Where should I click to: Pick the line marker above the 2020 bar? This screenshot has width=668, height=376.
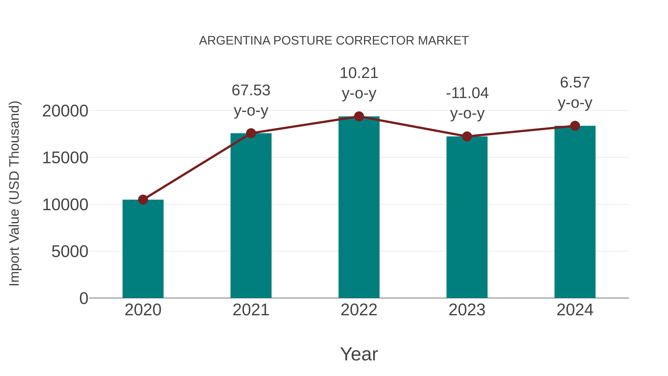(143, 200)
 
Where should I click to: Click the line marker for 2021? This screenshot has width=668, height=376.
(251, 133)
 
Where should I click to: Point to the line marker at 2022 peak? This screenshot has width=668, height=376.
(359, 116)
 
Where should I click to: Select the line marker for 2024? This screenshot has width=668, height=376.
(575, 126)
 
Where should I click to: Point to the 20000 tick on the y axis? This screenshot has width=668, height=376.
(65, 111)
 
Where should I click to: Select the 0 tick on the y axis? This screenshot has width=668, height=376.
(83, 298)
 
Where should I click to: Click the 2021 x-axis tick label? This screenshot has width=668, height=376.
(251, 310)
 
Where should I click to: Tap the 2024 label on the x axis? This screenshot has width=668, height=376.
(575, 310)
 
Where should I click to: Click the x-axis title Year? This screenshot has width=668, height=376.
(359, 354)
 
